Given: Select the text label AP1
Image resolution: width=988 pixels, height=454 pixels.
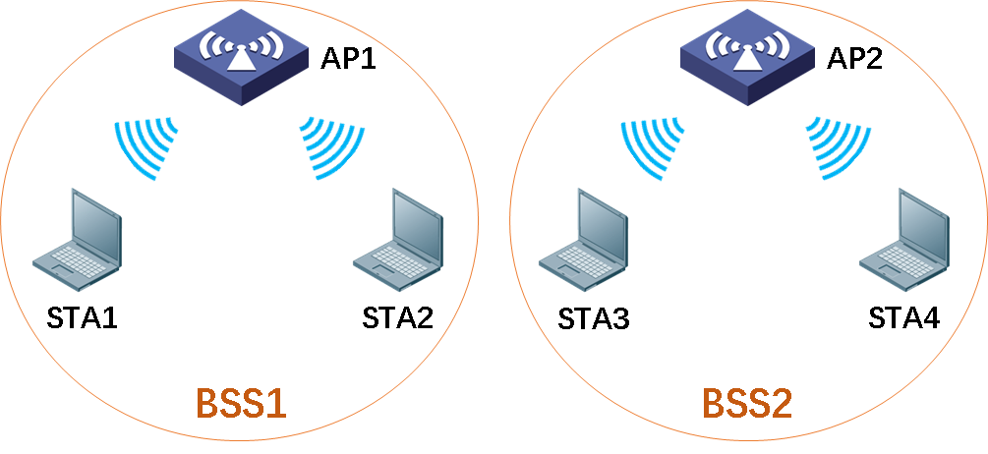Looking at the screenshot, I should click(349, 60).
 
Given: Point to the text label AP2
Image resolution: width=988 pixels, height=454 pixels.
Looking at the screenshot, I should click(854, 60).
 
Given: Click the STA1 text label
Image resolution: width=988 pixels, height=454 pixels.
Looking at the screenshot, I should click(83, 318).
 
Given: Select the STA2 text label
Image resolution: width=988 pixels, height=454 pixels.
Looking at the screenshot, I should click(397, 318).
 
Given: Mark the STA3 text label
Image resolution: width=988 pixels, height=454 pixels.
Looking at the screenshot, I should click(593, 319).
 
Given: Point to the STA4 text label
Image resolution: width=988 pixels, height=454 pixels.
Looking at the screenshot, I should click(903, 318).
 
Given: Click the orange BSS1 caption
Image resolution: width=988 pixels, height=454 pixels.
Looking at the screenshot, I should click(242, 404).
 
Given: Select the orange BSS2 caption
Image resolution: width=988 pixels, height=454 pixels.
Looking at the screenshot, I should click(747, 404).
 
